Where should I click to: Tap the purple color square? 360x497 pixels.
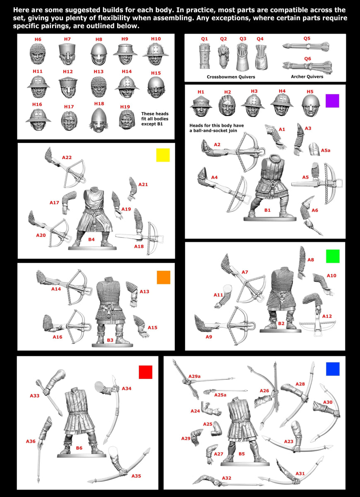click(332, 101)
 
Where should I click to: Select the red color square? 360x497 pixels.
click(145, 372)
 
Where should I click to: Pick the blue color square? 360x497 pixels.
click(333, 369)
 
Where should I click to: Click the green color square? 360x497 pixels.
click(333, 256)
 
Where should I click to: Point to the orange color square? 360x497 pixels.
click(164, 277)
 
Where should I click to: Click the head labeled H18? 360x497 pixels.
click(99, 120)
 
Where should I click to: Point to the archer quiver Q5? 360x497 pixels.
click(306, 46)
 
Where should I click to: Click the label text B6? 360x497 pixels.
click(79, 448)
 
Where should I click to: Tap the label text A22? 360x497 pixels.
click(67, 157)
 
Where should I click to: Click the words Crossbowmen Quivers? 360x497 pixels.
click(231, 77)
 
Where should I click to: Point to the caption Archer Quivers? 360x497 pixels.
click(307, 77)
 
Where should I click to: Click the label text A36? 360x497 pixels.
click(31, 441)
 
